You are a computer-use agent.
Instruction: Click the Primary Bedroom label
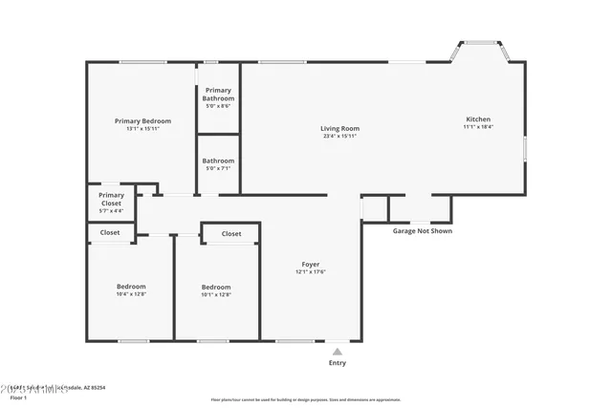pos(142,121)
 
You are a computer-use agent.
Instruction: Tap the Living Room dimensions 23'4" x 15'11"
pos(339,136)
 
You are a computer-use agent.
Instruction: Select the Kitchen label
pos(478,119)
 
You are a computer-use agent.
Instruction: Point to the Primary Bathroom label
pos(217,95)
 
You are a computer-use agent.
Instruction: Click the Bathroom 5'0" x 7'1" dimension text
pos(218,169)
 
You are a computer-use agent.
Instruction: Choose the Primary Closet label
pos(111,199)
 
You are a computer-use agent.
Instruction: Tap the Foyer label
pos(311,264)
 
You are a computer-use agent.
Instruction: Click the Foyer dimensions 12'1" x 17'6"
pos(311,272)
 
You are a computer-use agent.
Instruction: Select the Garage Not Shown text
pos(423,231)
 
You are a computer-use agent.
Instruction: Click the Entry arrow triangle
pos(337,352)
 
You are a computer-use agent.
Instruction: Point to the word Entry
pos(338,363)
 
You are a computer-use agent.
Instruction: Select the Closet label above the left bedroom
pos(110,232)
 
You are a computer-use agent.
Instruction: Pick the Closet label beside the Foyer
pos(231,234)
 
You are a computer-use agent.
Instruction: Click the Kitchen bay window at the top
pos(478,43)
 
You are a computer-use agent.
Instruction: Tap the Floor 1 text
pos(11,397)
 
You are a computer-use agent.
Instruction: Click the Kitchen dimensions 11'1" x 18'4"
pos(478,127)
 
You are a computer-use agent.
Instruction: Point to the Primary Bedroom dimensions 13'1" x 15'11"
pos(142,129)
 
